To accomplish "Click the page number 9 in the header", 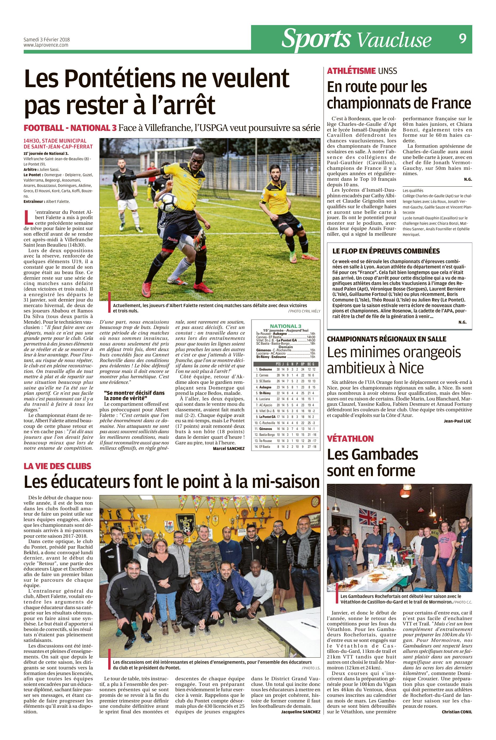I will click(462, 39).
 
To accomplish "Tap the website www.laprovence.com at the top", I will click(46, 45).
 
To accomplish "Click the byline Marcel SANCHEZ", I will click(229, 449).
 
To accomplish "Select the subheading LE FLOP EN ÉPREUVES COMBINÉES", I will click(386, 251).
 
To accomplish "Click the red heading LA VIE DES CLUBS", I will click(58, 466).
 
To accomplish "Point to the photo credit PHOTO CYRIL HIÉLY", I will click(304, 311).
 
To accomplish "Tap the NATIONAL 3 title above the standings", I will click(286, 326).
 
